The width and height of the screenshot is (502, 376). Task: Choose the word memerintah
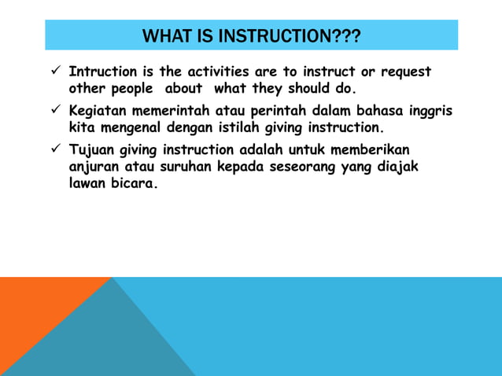[x=170, y=110]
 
